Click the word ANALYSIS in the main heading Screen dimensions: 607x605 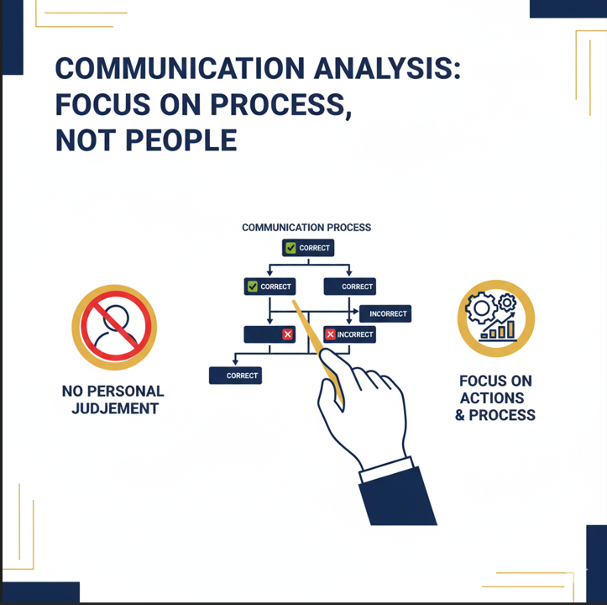(x=387, y=69)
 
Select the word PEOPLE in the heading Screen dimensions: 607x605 (x=181, y=140)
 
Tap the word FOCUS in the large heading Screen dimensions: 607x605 (x=102, y=105)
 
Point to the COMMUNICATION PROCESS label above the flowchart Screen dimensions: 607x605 (x=306, y=228)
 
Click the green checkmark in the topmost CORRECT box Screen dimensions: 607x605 (x=290, y=248)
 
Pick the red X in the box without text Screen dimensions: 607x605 (x=287, y=334)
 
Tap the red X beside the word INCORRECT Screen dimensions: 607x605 (x=330, y=334)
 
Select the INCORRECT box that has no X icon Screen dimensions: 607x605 (x=385, y=313)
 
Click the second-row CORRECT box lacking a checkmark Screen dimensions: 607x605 (x=349, y=287)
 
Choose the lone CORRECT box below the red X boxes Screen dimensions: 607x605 (x=235, y=376)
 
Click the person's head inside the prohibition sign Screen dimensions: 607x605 (x=115, y=318)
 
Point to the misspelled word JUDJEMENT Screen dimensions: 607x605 (x=115, y=408)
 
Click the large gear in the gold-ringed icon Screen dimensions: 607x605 (x=481, y=308)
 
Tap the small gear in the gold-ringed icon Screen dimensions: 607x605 (x=507, y=302)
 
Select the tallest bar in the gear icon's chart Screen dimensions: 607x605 (x=510, y=329)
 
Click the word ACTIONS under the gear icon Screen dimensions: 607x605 (x=492, y=398)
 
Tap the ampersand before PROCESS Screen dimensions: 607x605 (x=460, y=415)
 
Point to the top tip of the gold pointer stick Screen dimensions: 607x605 (x=294, y=301)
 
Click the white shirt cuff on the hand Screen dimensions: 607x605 (x=386, y=469)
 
